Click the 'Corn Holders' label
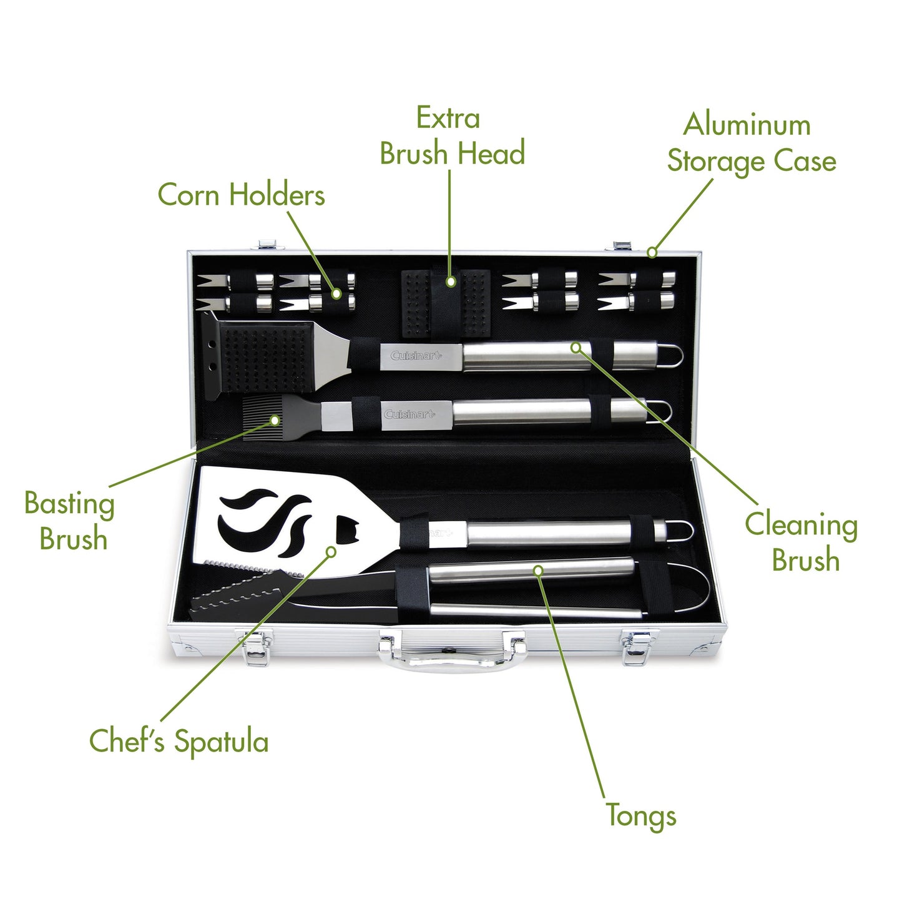[x=241, y=195]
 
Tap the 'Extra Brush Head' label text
[x=451, y=137]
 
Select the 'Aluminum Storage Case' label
[x=751, y=143]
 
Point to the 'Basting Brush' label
[x=70, y=521]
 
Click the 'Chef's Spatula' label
[x=179, y=742]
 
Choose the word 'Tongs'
[x=641, y=816]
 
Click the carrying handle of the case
[x=453, y=659]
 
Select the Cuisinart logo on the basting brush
[x=409, y=414]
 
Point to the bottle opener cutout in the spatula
[x=345, y=529]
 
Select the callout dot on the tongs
[x=538, y=570]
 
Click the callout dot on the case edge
[x=652, y=252]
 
